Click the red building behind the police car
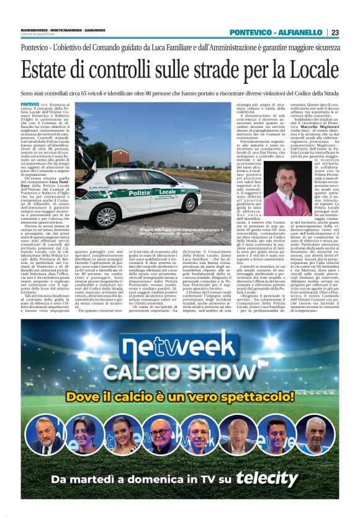(121, 155)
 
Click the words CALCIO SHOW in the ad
(180, 372)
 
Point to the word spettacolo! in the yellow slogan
(260, 396)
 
